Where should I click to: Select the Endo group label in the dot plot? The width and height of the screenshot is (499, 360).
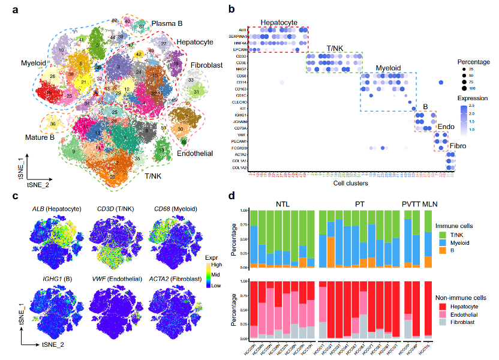click(446, 127)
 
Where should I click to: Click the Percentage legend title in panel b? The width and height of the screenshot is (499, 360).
click(473, 61)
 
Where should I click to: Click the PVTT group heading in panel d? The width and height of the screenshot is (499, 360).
click(412, 203)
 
